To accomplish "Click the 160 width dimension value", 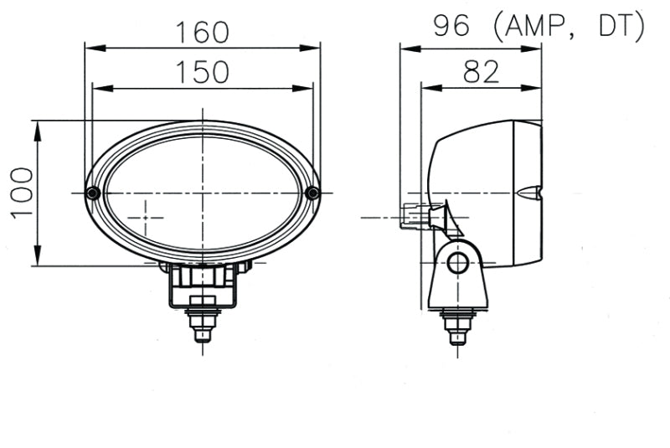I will tap(202, 32).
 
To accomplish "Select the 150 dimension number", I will tap(202, 72).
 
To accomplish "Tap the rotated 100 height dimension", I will tap(22, 192).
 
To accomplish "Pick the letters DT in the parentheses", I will tap(618, 28).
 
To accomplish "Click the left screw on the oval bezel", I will tap(93, 193).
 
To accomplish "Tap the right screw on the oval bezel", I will tap(312, 193).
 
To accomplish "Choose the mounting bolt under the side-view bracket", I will tap(457, 326).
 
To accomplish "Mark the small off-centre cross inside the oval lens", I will tap(147, 216).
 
